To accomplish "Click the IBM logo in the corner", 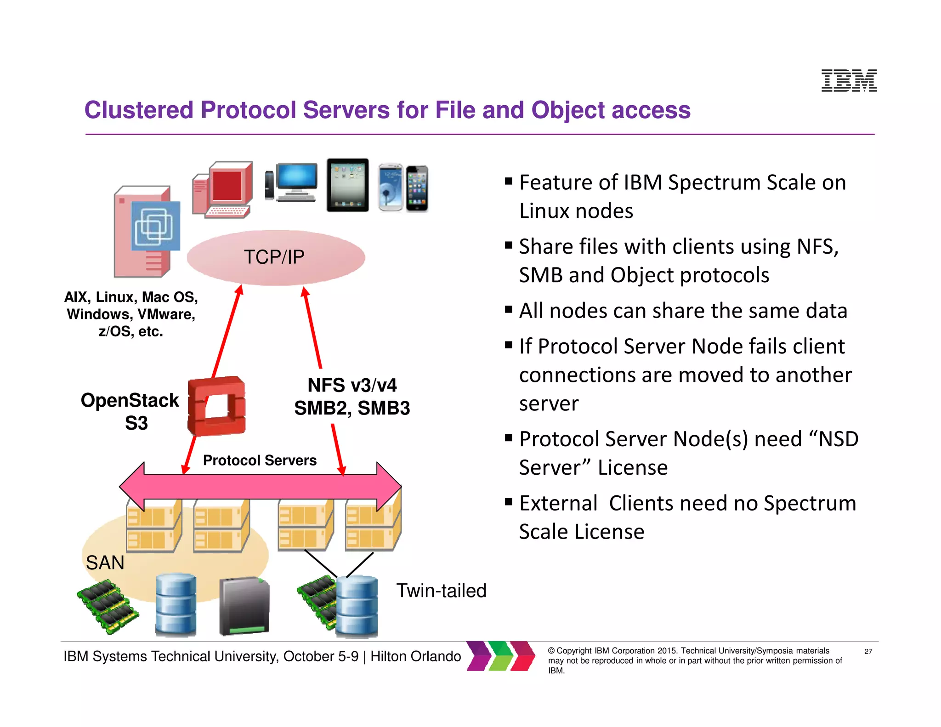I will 849,80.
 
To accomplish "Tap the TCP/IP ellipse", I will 276,257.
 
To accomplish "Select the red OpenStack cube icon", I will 216,406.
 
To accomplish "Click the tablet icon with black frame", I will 347,185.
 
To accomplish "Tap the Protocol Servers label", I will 260,460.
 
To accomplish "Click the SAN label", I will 105,562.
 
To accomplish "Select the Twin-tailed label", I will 441,591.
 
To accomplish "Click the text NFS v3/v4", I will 352,385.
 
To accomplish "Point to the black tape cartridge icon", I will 244,606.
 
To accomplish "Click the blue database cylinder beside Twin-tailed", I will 357,607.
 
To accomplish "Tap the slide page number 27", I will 868,651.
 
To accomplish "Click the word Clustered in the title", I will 139,110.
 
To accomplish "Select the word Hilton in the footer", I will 391,656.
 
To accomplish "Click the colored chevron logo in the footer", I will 501,656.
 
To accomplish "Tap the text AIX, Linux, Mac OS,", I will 131,297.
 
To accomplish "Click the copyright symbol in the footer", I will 551,651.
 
